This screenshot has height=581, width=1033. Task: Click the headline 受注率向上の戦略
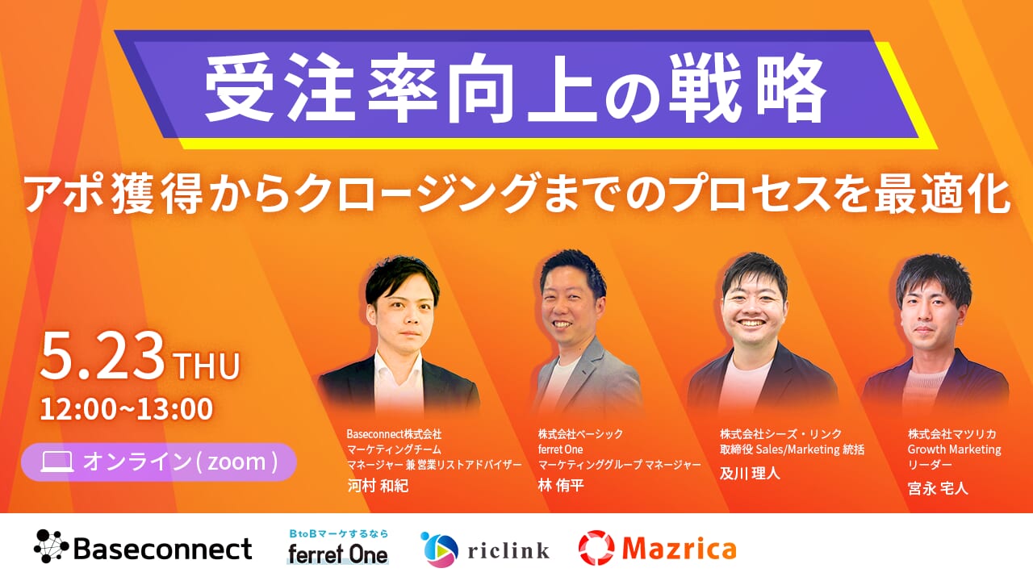(x=515, y=88)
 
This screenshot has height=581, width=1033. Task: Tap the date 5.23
(x=102, y=357)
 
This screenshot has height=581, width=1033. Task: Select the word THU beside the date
(x=207, y=366)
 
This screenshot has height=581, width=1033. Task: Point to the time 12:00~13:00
(x=127, y=409)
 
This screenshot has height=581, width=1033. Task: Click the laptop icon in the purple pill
(x=57, y=462)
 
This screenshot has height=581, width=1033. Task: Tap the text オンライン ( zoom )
(x=180, y=462)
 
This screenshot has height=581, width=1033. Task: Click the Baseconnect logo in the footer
(x=143, y=548)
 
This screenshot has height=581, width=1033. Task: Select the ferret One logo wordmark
(x=337, y=554)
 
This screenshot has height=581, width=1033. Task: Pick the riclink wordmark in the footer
(x=508, y=550)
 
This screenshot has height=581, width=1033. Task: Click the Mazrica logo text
(x=679, y=548)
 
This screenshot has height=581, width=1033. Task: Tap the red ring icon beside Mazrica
(x=596, y=548)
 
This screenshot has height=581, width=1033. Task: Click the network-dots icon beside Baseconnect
(x=51, y=546)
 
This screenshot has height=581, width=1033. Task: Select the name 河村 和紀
(x=378, y=486)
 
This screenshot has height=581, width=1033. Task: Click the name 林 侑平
(x=561, y=485)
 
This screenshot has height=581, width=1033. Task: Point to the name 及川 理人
(x=750, y=473)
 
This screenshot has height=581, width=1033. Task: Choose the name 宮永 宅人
(x=938, y=488)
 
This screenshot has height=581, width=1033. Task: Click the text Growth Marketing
(x=954, y=449)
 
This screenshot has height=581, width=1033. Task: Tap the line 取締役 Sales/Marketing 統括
(x=792, y=449)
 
